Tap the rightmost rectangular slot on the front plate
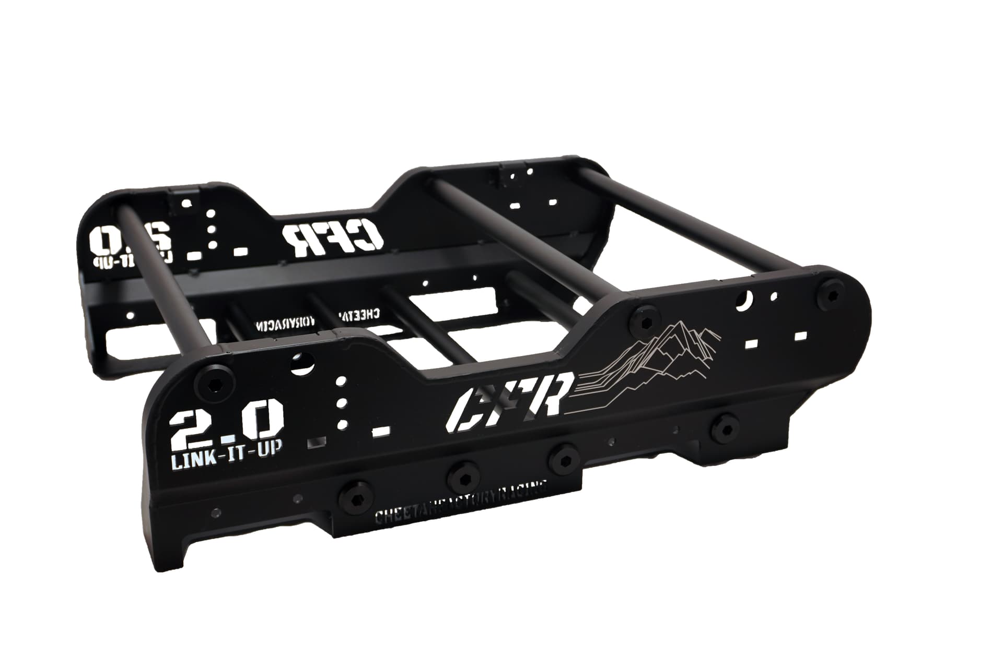point(801,336)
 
